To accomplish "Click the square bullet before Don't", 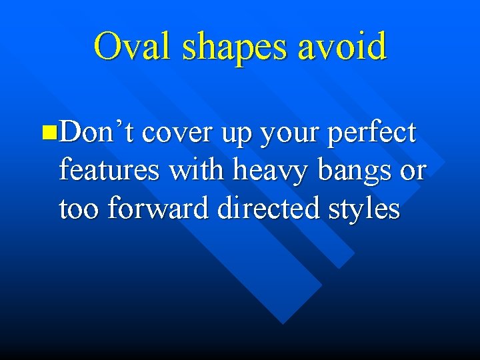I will point(46,132).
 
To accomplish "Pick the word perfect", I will point(372,133).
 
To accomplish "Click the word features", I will point(109,171).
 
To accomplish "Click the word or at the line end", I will point(413,172).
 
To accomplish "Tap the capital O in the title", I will point(107,47).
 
